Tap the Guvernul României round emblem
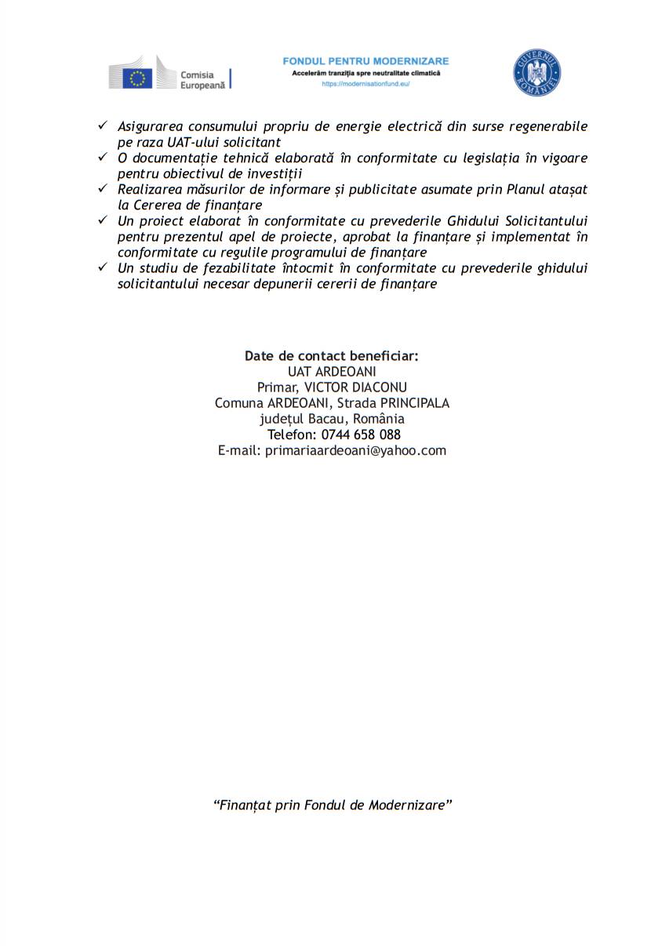point(537,73)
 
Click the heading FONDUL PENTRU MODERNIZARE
point(366,61)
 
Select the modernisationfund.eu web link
point(366,84)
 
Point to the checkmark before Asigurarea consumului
point(102,126)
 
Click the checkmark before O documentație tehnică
point(102,157)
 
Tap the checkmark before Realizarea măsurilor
point(102,188)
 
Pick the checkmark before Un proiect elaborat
point(102,220)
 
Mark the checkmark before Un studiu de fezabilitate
point(102,267)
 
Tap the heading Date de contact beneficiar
point(332,356)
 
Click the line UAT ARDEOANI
point(332,372)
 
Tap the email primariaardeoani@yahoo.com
point(355,450)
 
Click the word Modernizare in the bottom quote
point(408,806)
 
